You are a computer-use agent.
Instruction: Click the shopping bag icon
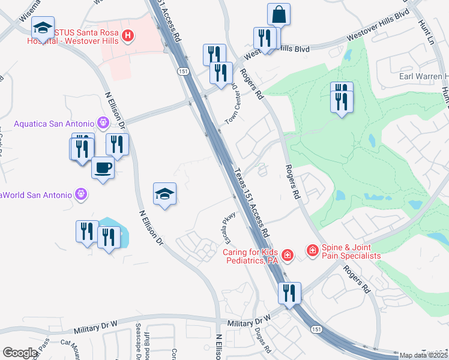click(279, 14)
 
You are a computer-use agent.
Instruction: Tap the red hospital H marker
click(127, 37)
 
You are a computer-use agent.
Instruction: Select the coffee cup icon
click(103, 169)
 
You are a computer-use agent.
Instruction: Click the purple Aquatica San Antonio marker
click(103, 123)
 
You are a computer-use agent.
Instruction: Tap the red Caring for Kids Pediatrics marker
click(288, 256)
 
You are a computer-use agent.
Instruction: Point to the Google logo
click(20, 352)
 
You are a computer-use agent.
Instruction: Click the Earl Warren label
click(424, 76)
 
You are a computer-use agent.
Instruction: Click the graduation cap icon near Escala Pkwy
click(164, 194)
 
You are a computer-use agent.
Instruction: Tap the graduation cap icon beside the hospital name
click(43, 28)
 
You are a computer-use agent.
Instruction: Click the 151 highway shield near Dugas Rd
click(316, 329)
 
